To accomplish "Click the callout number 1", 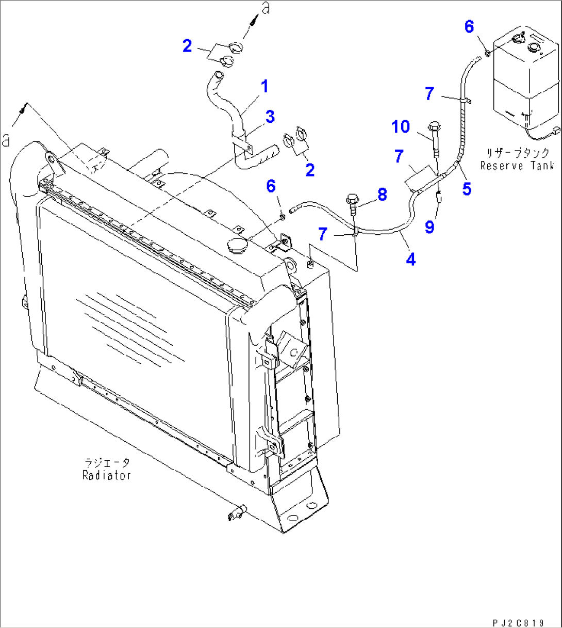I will pos(265,87).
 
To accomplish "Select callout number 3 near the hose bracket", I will pos(270,117).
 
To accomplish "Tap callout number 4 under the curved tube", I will pos(410,260).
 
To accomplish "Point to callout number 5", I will pos(467,189).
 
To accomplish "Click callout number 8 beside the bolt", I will pos(382,195).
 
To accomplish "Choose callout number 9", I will pos(429,227).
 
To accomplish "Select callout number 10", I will pos(400,126).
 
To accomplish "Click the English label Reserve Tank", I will pos(517,166).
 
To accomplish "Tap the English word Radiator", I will pos(107,475).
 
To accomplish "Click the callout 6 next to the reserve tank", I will pos(469,27).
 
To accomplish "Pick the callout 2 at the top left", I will pos(187,46).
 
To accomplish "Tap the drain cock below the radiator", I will pos(236,512).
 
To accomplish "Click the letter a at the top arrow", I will pos(266,8).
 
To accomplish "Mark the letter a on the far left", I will pos(6,140).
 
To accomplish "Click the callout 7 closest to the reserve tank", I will pos(429,94).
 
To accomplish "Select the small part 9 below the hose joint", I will pos(439,197).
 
